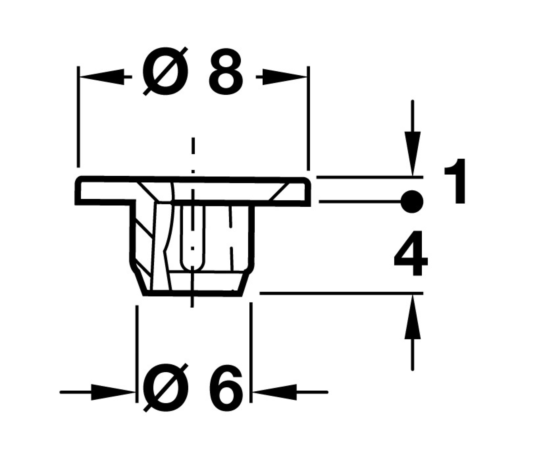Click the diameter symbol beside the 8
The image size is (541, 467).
[x=166, y=72]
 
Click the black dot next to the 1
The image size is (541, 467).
[x=412, y=202]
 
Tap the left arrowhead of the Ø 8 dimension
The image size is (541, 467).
[x=102, y=77]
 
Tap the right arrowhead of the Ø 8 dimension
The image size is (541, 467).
[x=285, y=77]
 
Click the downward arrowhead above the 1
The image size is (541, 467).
[x=412, y=154]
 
